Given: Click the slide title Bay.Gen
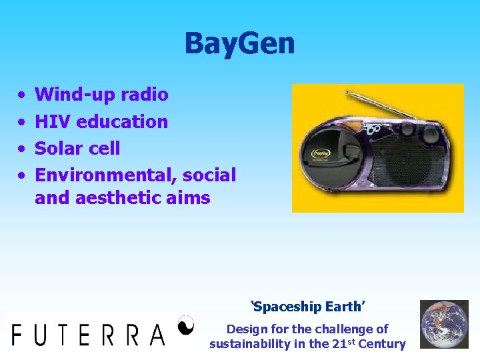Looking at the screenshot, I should [239, 44].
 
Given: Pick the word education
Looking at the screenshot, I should [122, 121].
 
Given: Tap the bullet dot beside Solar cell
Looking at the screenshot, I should [22, 149].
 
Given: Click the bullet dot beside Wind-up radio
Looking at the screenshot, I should [22, 95].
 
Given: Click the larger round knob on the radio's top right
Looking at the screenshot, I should [427, 131].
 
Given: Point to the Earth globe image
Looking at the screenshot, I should [444, 324].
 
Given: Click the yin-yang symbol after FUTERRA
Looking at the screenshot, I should [186, 325].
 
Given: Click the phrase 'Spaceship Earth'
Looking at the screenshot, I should [307, 307].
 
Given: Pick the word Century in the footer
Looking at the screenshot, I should [382, 344].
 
